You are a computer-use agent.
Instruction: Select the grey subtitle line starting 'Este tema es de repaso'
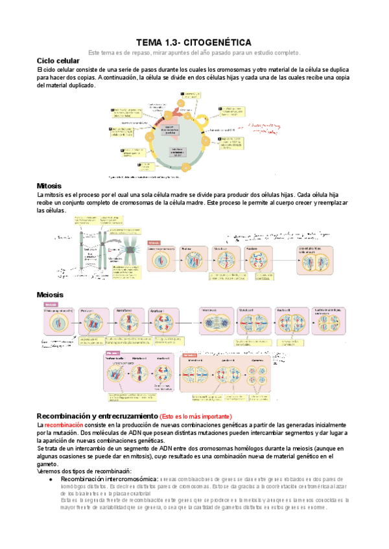tap(194, 52)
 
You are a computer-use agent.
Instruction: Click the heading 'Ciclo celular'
tap(58, 60)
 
